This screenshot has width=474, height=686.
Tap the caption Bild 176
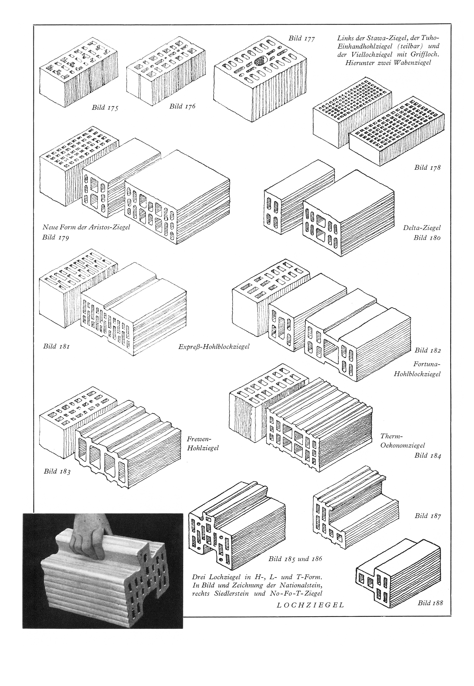point(182,106)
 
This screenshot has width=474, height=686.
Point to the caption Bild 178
point(428,167)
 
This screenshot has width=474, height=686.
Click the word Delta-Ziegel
point(422,228)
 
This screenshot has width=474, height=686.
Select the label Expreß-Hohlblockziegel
point(214,346)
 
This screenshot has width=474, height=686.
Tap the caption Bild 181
point(56,346)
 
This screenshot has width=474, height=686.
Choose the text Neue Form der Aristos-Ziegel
point(86,227)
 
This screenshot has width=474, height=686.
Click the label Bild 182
point(428,350)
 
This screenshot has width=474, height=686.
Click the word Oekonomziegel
point(403,445)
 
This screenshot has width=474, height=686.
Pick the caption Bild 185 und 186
point(295,559)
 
